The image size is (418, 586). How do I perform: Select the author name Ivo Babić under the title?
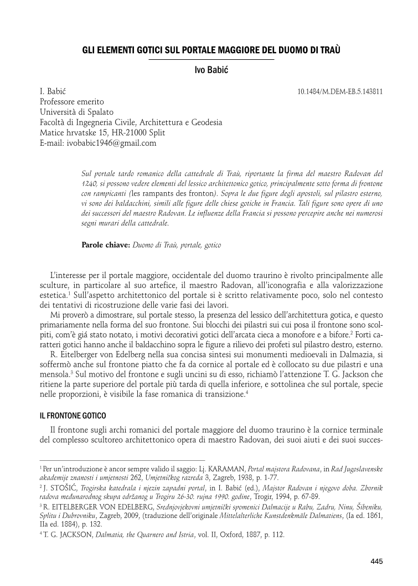point(209,70)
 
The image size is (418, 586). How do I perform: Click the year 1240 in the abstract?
point(89,182)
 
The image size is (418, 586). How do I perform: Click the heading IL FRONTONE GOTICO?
point(74,415)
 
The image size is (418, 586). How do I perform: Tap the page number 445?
point(376,562)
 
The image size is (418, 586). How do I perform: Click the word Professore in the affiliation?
point(59,102)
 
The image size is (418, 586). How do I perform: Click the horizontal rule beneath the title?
point(208,59)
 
